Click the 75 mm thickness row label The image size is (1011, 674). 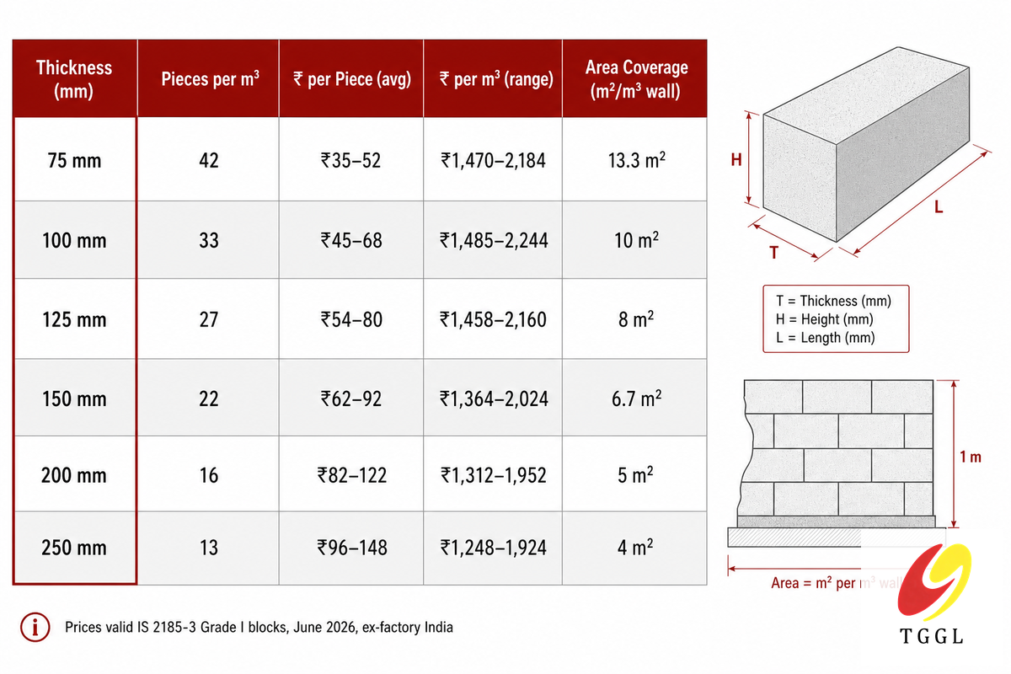pos(74,161)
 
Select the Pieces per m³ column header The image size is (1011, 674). pos(211,79)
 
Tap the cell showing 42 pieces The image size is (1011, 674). pos(209,161)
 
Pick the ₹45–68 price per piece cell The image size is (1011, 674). pos(351,240)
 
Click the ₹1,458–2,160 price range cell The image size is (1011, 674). pos(493,319)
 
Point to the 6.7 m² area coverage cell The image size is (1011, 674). pos(636,399)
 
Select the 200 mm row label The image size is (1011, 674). pos(74,475)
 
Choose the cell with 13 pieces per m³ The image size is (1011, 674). pos(209,548)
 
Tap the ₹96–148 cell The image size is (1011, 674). pos(352,548)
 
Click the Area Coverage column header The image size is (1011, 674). pos(636,79)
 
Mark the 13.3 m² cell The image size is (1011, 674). pos(636,160)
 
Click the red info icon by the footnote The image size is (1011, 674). pos(35,627)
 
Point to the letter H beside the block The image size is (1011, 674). pos(736,159)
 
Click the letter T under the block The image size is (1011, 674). pos(773,253)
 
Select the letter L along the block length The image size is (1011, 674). pos(939,207)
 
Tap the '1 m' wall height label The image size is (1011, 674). pos(971,457)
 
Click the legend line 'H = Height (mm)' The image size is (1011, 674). pos(824,319)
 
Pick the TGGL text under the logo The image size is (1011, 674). pos(932,637)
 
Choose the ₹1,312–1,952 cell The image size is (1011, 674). pos(494,475)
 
